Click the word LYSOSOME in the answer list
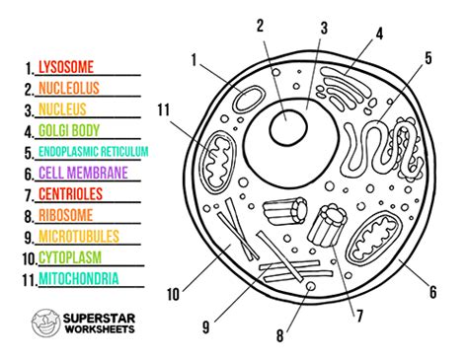point(66,67)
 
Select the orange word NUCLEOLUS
point(69,88)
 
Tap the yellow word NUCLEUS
point(62,109)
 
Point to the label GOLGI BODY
point(69,130)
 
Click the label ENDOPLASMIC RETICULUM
point(94,152)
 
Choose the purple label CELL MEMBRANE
point(83,173)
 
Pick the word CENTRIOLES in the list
point(71,194)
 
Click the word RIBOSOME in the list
point(66,215)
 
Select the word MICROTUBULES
point(79,237)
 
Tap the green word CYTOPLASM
point(70,257)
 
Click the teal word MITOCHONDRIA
point(79,278)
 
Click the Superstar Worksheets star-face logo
point(46,323)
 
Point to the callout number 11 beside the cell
point(164,109)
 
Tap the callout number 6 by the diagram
point(433,292)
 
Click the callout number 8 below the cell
point(279,336)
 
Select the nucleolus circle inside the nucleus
point(288,127)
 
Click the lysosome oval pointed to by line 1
point(249,100)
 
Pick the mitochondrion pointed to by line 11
point(218,161)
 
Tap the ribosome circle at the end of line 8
point(310,286)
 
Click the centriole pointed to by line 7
point(327,226)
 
